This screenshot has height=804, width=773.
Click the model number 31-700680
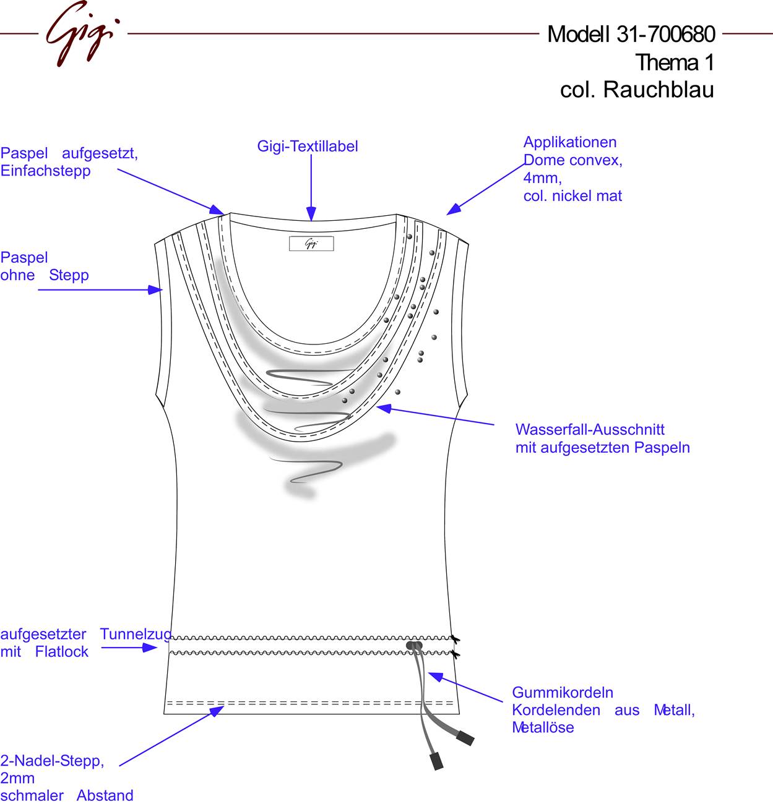click(665, 34)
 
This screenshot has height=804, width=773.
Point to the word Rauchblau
click(659, 90)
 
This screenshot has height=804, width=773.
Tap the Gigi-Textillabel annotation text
click(307, 146)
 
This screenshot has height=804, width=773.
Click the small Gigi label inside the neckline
click(311, 244)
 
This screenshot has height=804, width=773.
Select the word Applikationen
click(569, 142)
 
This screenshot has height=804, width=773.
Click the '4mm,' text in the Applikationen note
click(542, 178)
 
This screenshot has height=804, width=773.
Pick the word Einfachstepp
click(45, 171)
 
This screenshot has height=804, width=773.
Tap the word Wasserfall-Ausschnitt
click(590, 430)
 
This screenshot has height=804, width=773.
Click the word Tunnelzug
click(136, 634)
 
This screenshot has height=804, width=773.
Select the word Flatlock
click(62, 651)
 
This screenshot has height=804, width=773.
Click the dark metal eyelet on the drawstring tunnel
click(414, 646)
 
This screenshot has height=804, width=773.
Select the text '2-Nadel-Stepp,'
click(52, 761)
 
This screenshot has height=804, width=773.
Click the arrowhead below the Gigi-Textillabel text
click(311, 213)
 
